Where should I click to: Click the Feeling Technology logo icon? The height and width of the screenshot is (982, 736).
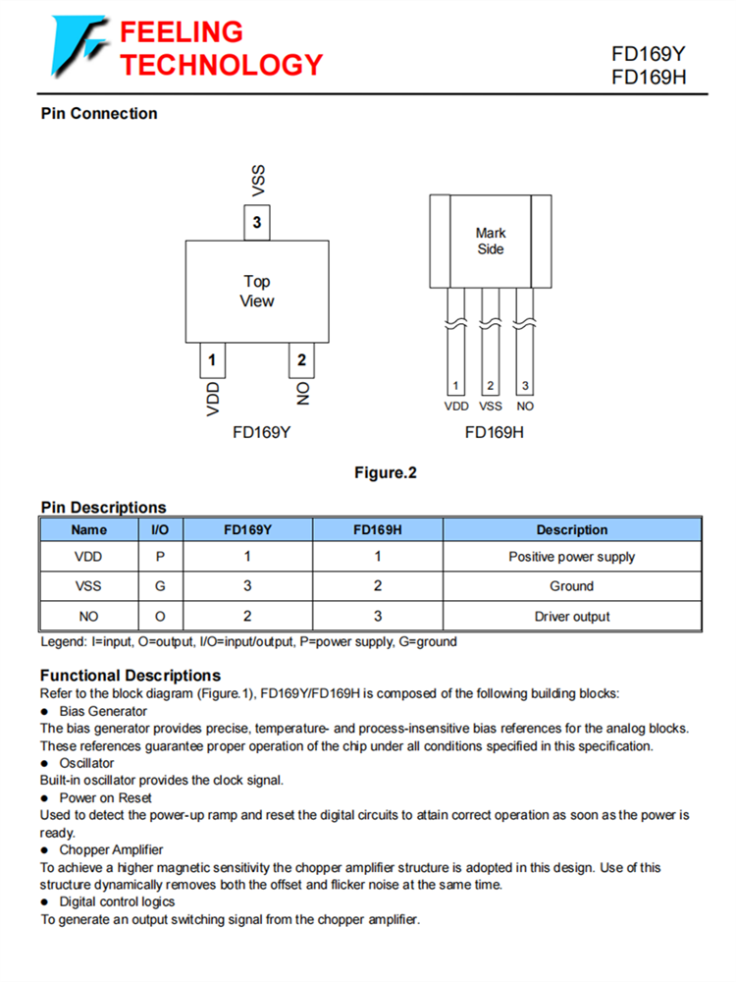(79, 47)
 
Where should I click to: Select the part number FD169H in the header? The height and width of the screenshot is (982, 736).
(648, 78)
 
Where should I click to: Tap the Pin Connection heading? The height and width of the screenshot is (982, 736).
(99, 114)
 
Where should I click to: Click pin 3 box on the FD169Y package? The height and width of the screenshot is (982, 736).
(257, 223)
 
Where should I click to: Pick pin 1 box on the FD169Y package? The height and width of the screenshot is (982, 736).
(212, 359)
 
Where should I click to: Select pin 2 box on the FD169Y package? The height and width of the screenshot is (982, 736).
(301, 359)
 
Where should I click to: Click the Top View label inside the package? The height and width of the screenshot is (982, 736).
(257, 291)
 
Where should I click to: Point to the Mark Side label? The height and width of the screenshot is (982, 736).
(491, 241)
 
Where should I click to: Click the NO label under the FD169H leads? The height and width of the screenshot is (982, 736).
(525, 406)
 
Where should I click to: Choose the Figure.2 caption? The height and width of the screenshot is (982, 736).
(386, 473)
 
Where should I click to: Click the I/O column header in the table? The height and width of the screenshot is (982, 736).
(160, 530)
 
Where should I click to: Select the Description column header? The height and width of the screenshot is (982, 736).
(571, 530)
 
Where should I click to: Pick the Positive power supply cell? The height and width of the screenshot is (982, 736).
(571, 557)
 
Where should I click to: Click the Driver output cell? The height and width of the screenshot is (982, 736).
(571, 617)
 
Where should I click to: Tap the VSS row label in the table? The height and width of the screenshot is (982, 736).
(88, 586)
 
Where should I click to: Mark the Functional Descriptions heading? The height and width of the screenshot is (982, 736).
(131, 676)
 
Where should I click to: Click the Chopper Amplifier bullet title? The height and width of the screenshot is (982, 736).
(111, 849)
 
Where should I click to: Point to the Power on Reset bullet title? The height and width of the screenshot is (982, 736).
(105, 797)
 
